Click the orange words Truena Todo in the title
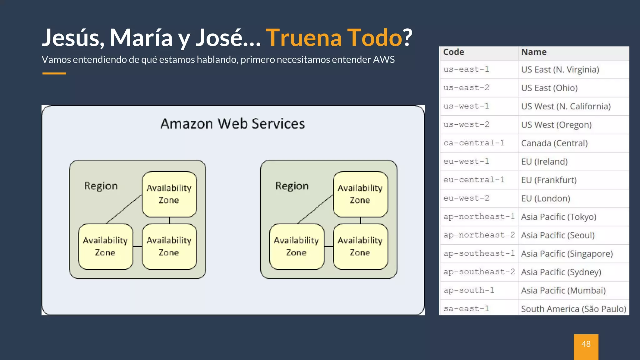[x=334, y=38]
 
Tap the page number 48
[x=586, y=344]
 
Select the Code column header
[x=454, y=52]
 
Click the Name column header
[x=534, y=52]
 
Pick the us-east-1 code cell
[x=466, y=69]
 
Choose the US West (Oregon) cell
[x=556, y=125]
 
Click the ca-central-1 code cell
[x=474, y=143]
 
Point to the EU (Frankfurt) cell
[x=549, y=180]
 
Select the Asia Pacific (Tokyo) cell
[x=559, y=217]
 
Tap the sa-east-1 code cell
[x=466, y=309]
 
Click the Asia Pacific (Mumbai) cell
[x=563, y=291]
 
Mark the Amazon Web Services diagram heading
[x=232, y=124]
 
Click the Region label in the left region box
[x=101, y=186]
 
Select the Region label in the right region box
[x=292, y=186]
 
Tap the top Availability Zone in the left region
[x=169, y=194]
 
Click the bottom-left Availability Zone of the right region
[x=296, y=246]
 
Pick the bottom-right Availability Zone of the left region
[x=169, y=246]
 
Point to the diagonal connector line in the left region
[x=124, y=209]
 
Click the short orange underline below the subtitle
[x=54, y=73]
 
